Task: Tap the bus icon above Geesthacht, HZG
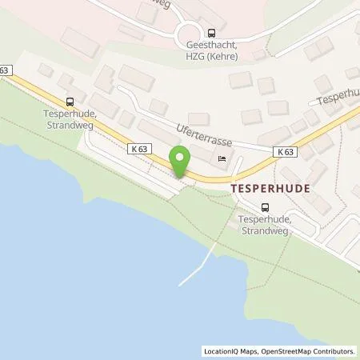coord(211,33)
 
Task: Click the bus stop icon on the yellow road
coord(70,102)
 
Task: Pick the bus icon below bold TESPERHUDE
coord(254,206)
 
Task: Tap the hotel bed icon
coord(222,159)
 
